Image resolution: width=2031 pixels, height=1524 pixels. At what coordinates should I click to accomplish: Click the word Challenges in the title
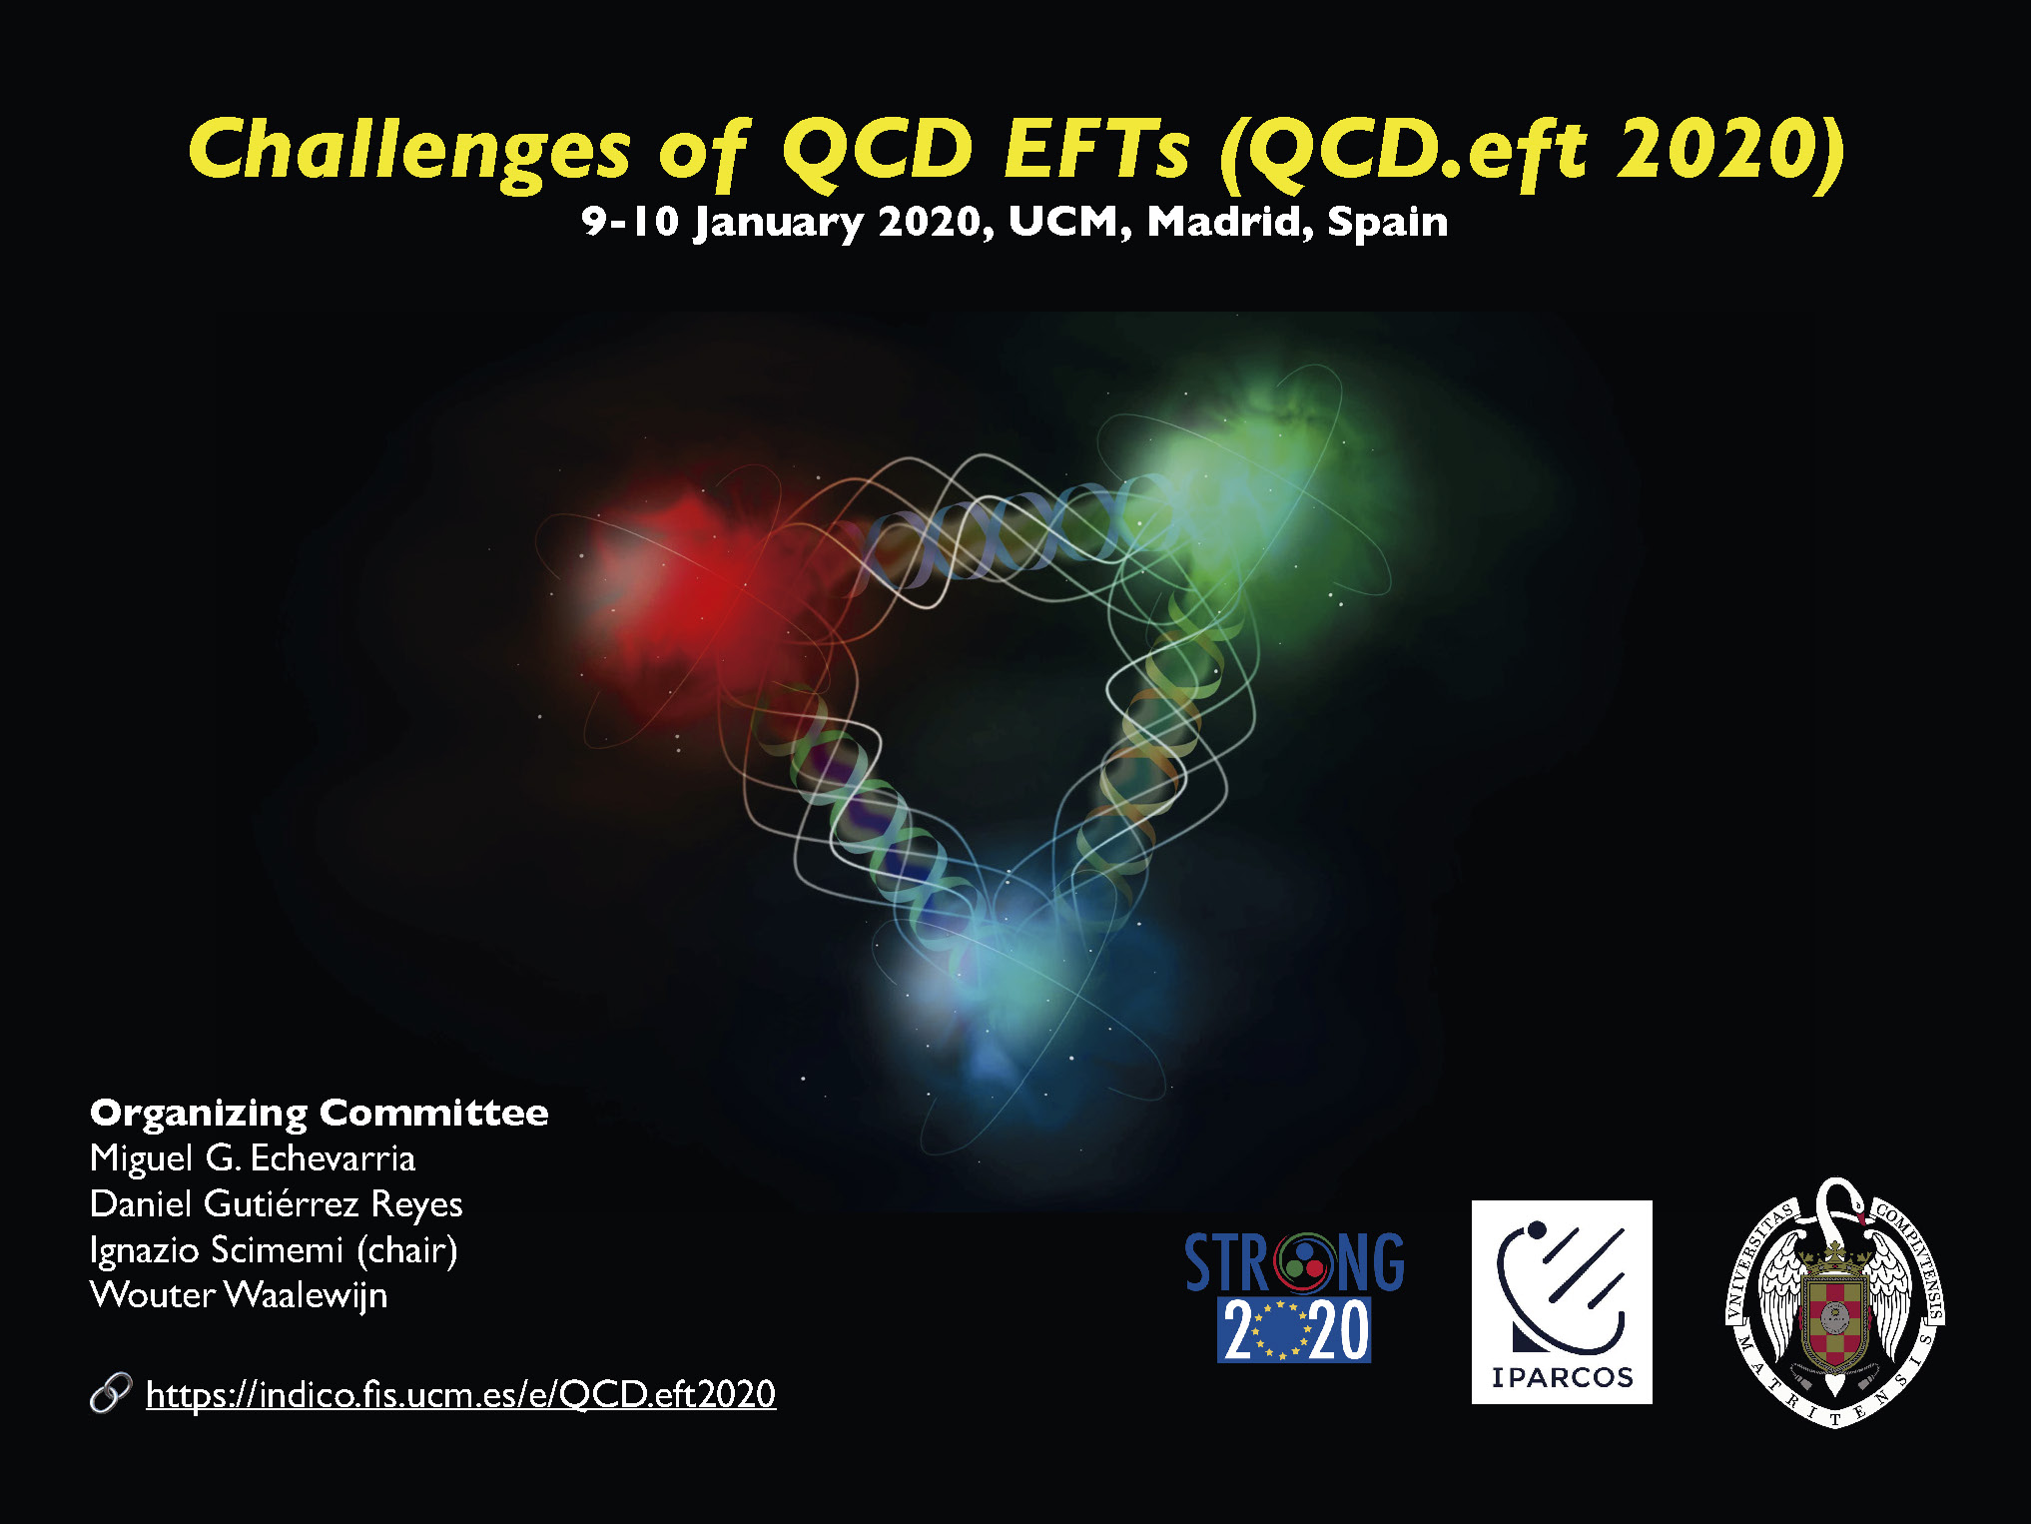(409, 152)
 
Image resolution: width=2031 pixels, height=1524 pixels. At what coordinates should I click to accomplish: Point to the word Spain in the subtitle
(1388, 223)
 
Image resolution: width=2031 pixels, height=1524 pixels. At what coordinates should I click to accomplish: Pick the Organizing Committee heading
(320, 1114)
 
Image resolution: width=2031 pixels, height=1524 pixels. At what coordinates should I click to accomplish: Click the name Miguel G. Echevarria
(253, 1158)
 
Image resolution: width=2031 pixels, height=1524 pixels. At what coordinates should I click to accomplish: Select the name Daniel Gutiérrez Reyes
(277, 1204)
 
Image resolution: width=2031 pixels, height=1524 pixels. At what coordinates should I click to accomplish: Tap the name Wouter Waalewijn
(239, 1295)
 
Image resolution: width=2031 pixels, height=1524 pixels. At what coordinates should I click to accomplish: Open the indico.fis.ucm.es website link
(461, 1394)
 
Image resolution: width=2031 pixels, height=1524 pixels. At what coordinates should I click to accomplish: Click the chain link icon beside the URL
(110, 1393)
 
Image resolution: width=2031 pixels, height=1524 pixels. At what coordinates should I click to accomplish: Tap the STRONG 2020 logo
(1294, 1296)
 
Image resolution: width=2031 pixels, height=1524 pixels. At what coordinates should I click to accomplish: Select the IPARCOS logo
(1562, 1302)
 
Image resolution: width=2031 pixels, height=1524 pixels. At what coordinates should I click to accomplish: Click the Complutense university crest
(1835, 1302)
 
